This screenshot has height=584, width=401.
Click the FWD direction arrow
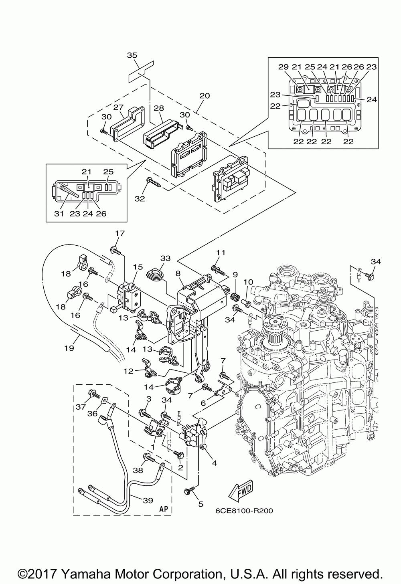pos(240,489)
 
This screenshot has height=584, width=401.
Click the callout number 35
pos(132,55)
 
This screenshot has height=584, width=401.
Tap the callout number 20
pos(205,96)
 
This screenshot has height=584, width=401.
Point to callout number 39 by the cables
pos(148,500)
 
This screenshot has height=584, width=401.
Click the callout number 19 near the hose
pos(69,348)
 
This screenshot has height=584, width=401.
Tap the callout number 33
pos(165,258)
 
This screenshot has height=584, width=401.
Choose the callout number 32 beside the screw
pos(140,199)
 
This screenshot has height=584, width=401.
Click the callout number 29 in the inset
pos(284,67)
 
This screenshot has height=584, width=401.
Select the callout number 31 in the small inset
pos(59,214)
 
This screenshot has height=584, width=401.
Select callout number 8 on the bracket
pos(178,273)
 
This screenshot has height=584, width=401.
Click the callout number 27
pos(118,107)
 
